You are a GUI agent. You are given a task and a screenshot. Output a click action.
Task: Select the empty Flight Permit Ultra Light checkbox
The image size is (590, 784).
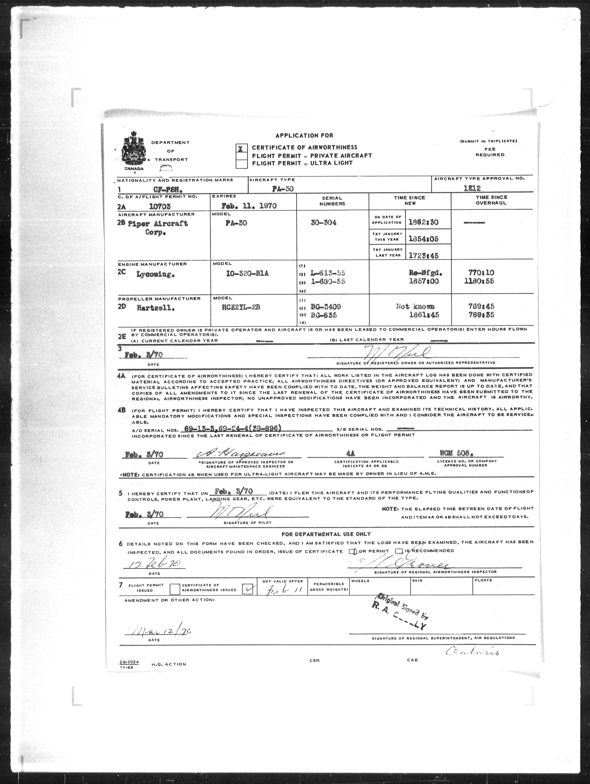tap(241, 163)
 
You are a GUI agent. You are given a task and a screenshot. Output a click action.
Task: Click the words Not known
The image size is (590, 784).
tap(415, 306)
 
